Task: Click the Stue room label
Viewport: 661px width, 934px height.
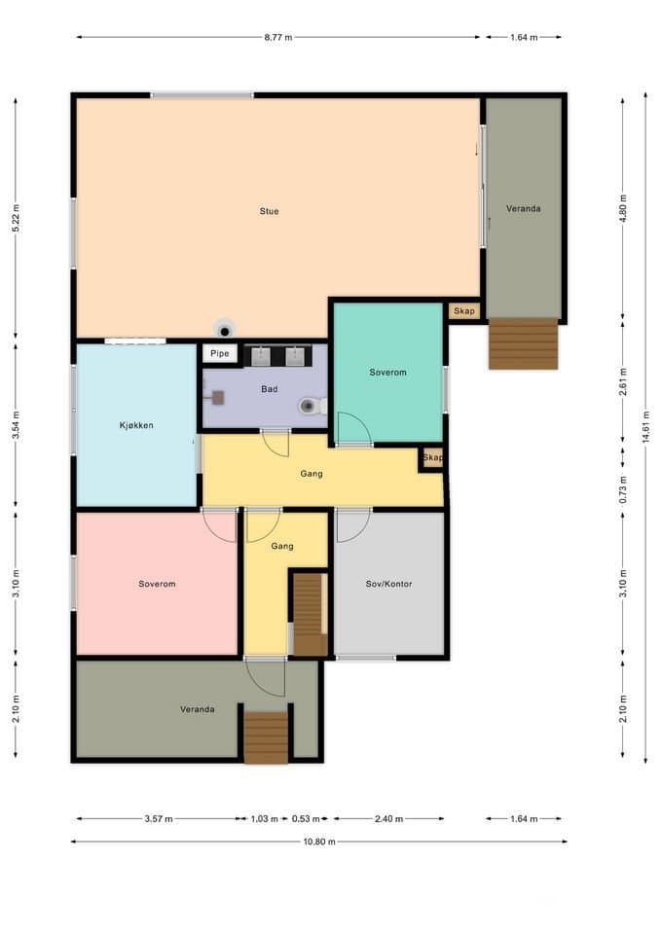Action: click(269, 211)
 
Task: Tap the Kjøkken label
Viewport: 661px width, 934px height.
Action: click(136, 425)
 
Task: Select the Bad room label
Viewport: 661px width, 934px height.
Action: click(270, 389)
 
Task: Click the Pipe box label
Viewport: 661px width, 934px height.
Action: click(220, 353)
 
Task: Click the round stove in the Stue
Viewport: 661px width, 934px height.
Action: click(225, 330)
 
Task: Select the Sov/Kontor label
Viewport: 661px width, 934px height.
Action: click(388, 584)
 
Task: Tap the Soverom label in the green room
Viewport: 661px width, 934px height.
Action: click(388, 373)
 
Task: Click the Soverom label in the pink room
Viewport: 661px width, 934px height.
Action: click(157, 584)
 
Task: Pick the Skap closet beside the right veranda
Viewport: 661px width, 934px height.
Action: click(464, 311)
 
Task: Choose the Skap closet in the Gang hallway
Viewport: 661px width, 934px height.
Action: click(432, 458)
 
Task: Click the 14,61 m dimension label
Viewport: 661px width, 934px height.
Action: click(646, 429)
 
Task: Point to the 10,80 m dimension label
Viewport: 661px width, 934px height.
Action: click(319, 842)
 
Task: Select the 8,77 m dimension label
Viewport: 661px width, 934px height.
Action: click(278, 37)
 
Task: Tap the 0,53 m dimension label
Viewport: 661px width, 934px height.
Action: click(306, 819)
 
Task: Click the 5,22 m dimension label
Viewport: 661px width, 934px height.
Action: click(16, 218)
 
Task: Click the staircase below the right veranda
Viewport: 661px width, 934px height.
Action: click(524, 343)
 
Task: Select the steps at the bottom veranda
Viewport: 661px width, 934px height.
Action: click(266, 737)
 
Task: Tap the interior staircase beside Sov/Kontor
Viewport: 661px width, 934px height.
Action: click(310, 614)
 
